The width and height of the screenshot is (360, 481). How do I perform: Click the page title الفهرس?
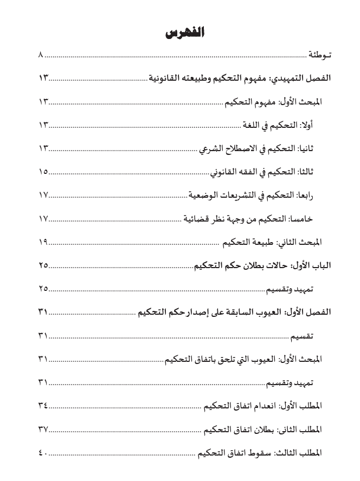tap(180, 33)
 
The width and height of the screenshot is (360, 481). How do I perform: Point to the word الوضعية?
tap(204, 195)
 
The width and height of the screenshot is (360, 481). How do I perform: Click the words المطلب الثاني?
tap(301, 429)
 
